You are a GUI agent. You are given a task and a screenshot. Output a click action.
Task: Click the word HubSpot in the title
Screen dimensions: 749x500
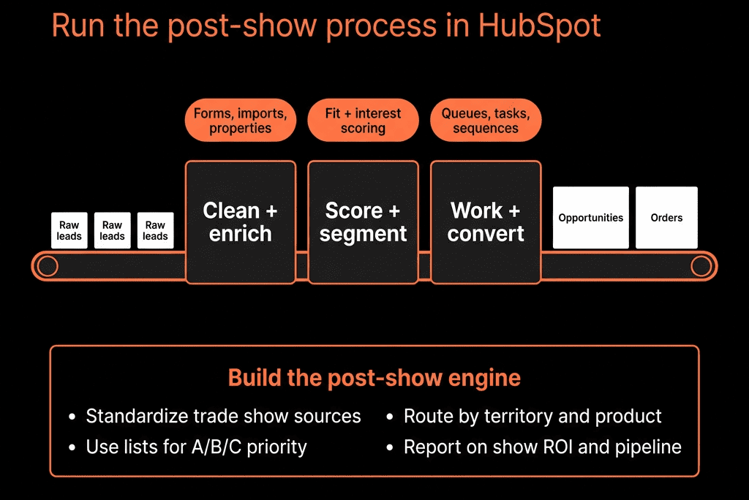coord(539,26)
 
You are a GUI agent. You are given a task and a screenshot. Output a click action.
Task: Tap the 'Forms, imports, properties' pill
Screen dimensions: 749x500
coord(240,121)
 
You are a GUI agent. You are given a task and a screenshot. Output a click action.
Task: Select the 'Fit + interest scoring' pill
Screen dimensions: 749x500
coord(363,121)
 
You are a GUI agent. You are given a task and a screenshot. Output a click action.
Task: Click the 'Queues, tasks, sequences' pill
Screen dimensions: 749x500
coord(486,121)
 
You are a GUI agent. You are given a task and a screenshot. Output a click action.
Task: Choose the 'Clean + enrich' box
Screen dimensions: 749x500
coord(240,222)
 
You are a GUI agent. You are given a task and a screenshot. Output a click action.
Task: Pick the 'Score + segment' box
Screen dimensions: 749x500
coord(363,222)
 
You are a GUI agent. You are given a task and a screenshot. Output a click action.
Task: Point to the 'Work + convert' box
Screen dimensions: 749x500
coord(486,222)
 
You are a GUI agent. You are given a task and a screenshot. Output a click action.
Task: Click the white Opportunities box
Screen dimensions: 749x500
coord(591,217)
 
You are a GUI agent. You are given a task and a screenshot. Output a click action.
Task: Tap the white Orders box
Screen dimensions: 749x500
coord(666,217)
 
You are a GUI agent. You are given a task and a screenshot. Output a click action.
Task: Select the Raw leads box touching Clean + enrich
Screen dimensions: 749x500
coord(155,230)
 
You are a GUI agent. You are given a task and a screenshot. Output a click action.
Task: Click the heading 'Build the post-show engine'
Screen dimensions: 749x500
coord(374,378)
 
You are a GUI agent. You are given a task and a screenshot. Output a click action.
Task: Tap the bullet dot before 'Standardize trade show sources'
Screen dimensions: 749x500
coord(72,417)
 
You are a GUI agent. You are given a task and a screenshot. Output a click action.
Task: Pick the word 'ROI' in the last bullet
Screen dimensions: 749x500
coord(558,447)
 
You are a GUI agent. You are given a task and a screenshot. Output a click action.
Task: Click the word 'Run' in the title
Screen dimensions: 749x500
coord(78,26)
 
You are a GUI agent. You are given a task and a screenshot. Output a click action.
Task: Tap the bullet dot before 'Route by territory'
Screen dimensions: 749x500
coord(390,417)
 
